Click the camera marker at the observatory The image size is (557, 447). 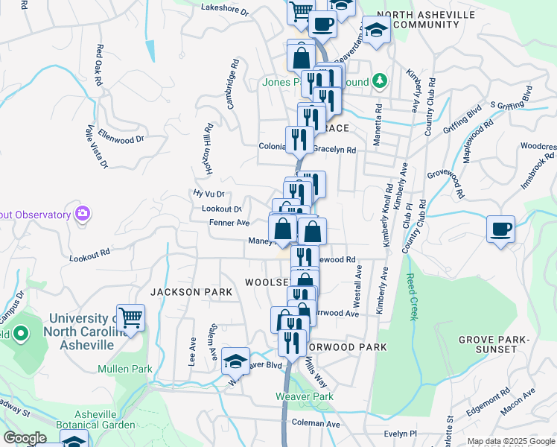click(x=83, y=214)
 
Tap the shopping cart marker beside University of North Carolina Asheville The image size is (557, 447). click(x=131, y=317)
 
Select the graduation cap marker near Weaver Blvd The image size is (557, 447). click(x=236, y=361)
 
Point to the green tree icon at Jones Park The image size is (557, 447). click(x=380, y=80)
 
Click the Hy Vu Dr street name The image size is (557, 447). click(x=209, y=194)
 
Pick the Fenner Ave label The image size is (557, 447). click(x=229, y=223)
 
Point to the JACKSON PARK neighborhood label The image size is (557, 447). click(x=186, y=292)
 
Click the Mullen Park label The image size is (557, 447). click(x=125, y=369)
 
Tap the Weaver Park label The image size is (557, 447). click(x=305, y=396)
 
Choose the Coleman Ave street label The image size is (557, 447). click(x=316, y=423)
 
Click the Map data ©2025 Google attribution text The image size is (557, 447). click(x=510, y=441)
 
